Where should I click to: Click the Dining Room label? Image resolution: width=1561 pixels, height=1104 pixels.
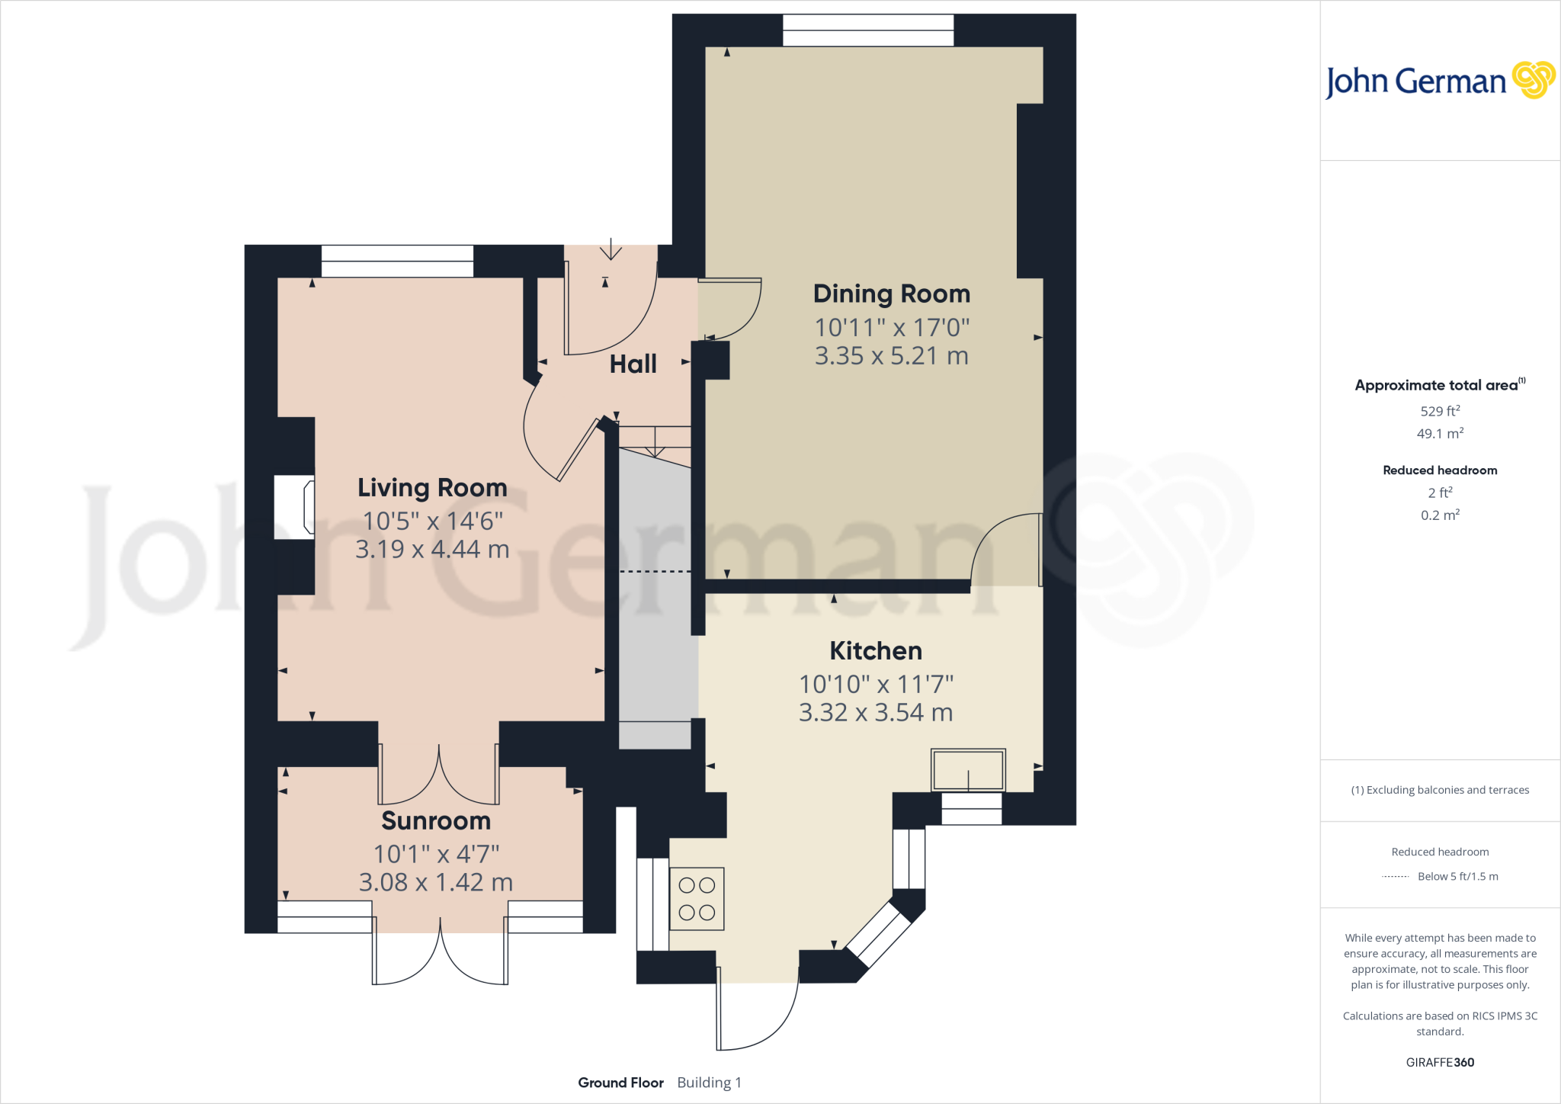(x=891, y=294)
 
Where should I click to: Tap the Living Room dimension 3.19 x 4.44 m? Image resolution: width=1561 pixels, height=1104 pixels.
(x=432, y=549)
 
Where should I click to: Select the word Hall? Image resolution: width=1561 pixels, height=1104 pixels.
(x=633, y=364)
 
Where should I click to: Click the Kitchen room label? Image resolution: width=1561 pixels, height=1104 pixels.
(x=876, y=650)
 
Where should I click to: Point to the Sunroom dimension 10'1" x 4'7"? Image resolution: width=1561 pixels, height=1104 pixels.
(x=436, y=854)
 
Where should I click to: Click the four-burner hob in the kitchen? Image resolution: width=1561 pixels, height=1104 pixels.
(x=697, y=898)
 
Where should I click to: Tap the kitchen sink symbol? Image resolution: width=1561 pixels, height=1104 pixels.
(x=968, y=770)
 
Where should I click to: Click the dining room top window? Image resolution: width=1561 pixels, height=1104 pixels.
(x=868, y=30)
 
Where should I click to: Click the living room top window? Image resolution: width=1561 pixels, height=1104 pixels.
(x=397, y=261)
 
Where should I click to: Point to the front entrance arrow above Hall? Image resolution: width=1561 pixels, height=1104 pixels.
(x=611, y=249)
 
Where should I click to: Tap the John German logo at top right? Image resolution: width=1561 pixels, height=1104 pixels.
(x=1439, y=81)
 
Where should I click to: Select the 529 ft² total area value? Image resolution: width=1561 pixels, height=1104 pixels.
(x=1440, y=411)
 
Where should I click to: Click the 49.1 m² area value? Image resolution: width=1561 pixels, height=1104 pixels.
(x=1440, y=434)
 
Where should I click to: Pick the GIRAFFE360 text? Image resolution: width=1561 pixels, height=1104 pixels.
(x=1440, y=1062)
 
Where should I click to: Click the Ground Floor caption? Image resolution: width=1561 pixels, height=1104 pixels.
(x=620, y=1083)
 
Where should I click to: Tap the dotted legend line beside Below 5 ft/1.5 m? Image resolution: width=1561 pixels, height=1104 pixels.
(x=1395, y=877)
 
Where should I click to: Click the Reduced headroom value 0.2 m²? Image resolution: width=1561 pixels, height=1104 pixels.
(x=1440, y=515)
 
